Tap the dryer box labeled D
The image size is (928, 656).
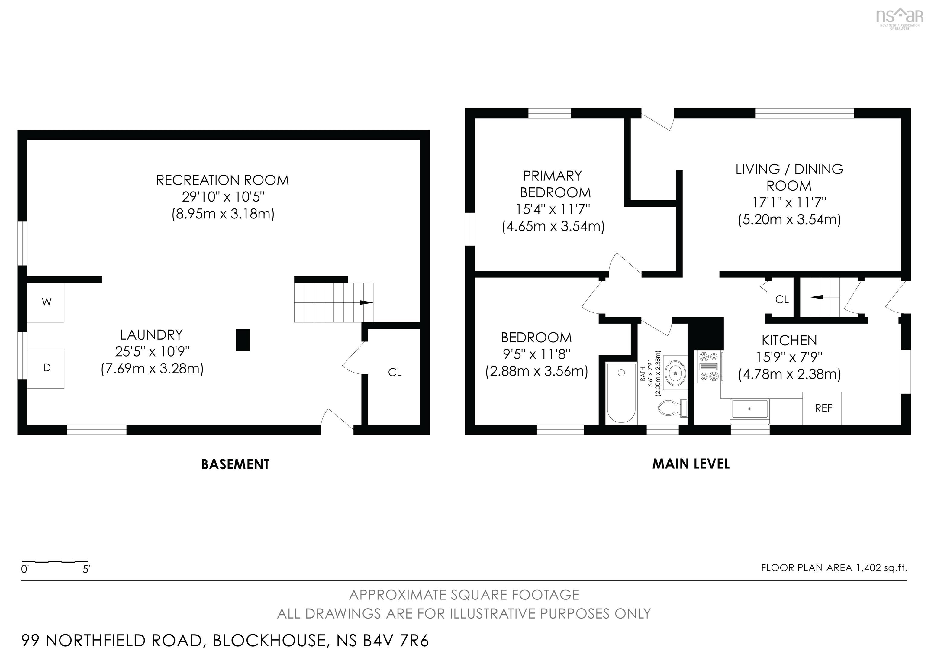point(46,368)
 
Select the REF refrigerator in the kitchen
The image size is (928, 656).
point(822,408)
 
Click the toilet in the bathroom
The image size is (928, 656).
point(672,408)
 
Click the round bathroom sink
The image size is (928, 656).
point(675,372)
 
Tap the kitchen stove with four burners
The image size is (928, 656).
point(709,367)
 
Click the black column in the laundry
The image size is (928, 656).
point(243,340)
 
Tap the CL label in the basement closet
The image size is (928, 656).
point(395,372)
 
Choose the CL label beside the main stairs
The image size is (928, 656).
point(782,299)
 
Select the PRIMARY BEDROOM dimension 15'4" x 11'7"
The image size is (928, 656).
point(553,209)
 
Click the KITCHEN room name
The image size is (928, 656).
point(789,341)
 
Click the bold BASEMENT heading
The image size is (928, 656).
point(235,464)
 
